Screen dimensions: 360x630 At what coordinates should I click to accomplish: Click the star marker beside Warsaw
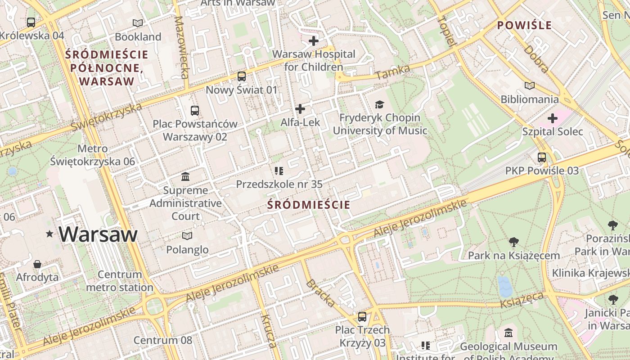49,234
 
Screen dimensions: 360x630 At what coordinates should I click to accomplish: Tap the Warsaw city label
98,234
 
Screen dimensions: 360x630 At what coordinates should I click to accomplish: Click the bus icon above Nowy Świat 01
242,76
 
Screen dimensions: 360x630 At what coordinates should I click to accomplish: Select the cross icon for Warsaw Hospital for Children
314,41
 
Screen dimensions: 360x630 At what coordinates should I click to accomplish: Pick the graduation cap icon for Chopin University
380,105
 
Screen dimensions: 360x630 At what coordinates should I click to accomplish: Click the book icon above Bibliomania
530,85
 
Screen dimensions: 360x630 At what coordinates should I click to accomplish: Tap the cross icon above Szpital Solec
553,118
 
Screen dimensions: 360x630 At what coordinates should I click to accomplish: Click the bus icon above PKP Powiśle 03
542,157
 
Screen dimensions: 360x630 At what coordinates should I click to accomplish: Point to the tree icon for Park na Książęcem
514,242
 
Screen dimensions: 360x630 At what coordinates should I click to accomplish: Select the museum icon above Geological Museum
508,333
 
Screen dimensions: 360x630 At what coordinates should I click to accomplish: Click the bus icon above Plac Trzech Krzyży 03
362,317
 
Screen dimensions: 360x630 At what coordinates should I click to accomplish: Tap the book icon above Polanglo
187,236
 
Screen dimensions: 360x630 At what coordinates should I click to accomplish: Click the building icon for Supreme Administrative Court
185,176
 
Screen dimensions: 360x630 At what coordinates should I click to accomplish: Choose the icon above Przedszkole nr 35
279,171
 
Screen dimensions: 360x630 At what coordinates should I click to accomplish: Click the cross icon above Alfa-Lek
300,109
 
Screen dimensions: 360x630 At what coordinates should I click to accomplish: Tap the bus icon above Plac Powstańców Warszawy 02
195,110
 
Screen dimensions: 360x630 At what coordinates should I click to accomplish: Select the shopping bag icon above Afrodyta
37,264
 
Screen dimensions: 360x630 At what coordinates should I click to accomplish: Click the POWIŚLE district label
524,25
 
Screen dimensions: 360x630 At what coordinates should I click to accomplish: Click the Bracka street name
320,293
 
